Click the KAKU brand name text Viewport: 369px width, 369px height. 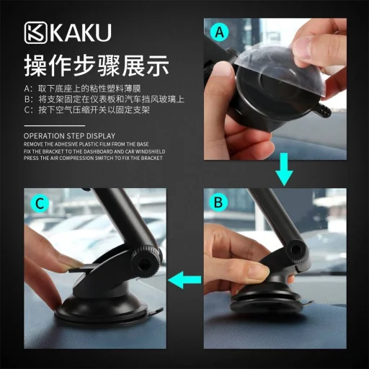coord(81,35)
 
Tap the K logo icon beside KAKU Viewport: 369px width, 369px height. coord(37,35)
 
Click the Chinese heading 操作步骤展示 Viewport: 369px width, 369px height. coord(97,66)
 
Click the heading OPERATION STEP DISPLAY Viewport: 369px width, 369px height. coord(69,135)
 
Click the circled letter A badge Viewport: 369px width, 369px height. coord(221,33)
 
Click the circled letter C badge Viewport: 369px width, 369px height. coord(40,203)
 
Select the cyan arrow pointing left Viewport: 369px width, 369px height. coord(184,277)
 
